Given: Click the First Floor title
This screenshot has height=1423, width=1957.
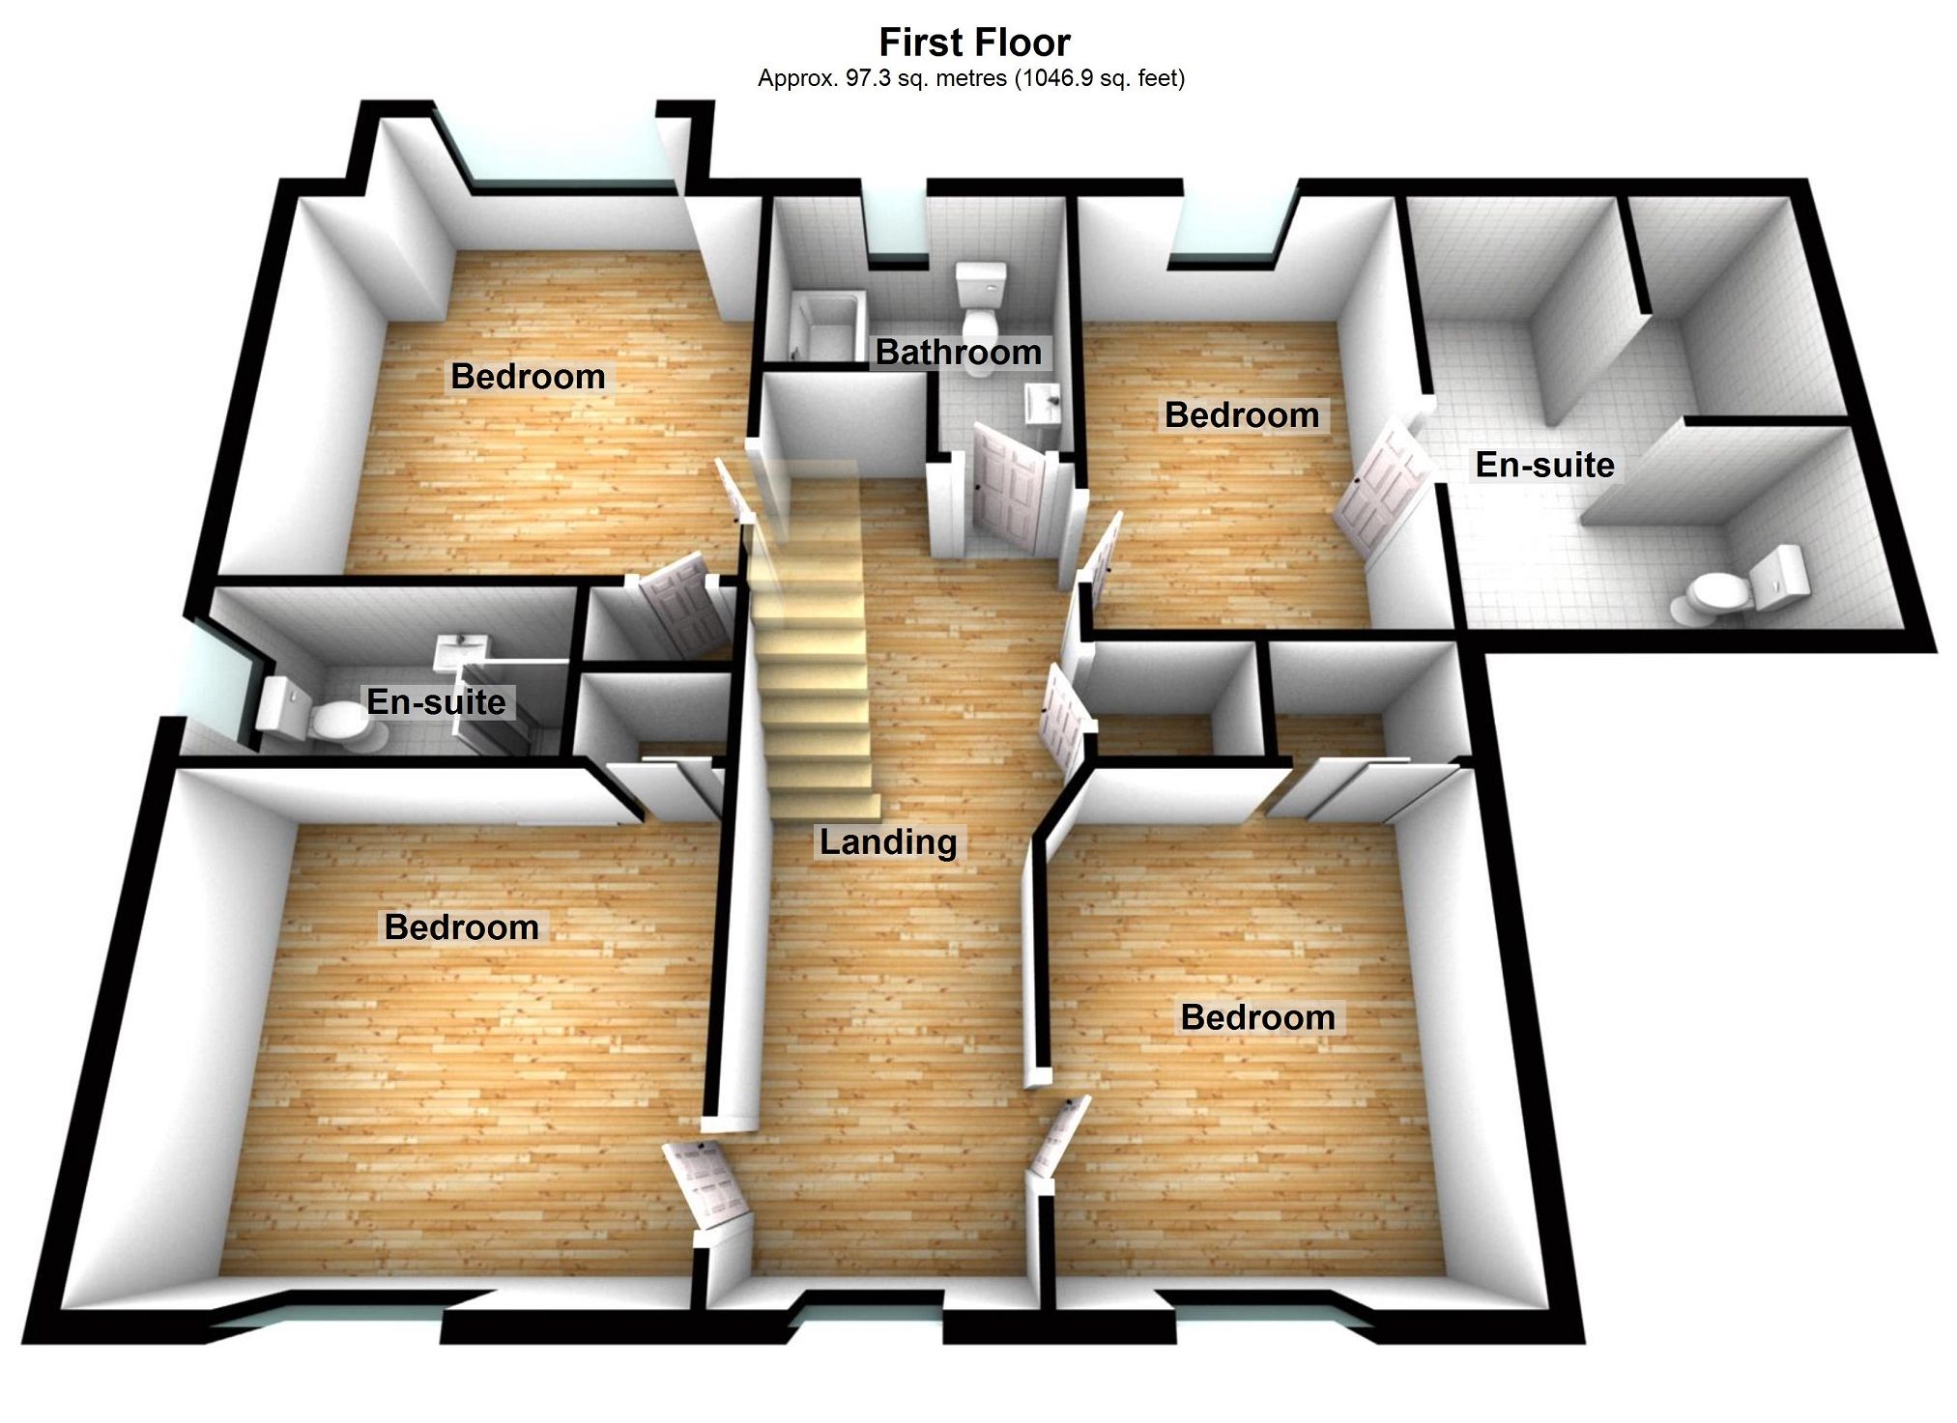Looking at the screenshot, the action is coord(974,43).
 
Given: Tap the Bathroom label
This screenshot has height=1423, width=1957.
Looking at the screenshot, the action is coord(959,353).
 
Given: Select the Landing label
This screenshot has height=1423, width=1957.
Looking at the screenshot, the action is coord(888,842).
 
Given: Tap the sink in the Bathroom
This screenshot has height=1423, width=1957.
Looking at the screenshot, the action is coord(1043,403).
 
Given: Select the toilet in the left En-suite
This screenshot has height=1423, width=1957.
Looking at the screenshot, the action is coord(309,715).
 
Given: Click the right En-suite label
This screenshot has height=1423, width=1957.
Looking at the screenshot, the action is coord(1544,466).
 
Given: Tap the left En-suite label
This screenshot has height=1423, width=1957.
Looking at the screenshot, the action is coord(437,702).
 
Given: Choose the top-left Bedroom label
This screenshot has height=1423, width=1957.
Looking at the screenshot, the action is coord(528,377).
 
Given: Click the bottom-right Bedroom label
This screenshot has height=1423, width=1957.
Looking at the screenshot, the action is coord(1258,1017).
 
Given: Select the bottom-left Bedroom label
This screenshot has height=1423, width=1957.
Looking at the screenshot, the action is coord(462,927).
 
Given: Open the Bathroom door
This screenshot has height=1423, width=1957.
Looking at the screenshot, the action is coord(1010,490).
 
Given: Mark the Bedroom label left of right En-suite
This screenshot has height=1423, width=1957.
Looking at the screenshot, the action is coord(1242,415).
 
